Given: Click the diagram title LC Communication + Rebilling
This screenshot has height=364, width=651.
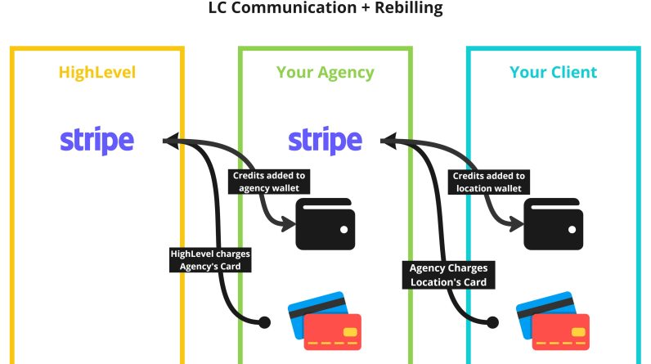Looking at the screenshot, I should click(325, 8).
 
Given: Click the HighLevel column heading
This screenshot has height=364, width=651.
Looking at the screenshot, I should click(97, 72).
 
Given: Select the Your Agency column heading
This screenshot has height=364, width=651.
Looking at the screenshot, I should click(325, 72).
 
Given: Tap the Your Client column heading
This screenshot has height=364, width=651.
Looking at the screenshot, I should click(553, 72).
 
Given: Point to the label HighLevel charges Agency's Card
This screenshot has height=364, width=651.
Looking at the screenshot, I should click(211, 259).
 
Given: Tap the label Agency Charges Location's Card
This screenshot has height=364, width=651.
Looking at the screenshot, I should click(447, 275).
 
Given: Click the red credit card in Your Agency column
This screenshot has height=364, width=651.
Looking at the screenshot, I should click(333, 332).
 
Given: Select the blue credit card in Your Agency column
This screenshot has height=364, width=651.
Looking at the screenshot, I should click(313, 311).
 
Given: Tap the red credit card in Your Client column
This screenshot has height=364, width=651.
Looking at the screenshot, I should click(561, 332).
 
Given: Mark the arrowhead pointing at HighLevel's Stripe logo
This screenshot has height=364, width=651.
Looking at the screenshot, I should click(169, 141).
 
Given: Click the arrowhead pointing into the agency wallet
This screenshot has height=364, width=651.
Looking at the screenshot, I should click(285, 222).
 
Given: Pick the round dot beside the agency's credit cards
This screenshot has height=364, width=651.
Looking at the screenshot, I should click(264, 322).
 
